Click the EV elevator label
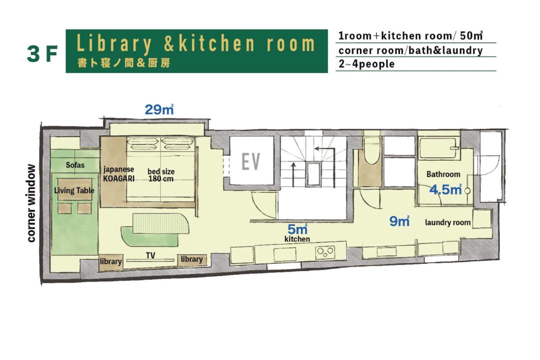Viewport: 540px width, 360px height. (250, 161)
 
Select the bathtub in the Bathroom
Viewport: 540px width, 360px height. (438, 147)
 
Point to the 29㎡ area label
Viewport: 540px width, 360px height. (159, 109)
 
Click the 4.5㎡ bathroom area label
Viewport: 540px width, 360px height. (445, 189)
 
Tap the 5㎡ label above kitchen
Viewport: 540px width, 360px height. (297, 229)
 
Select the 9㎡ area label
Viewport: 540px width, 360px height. (399, 221)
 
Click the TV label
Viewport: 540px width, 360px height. (150, 255)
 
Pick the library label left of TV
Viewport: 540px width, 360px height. (110, 261)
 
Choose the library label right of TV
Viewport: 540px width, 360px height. (191, 259)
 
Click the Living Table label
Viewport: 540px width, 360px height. (74, 190)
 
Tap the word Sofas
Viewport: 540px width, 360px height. (75, 164)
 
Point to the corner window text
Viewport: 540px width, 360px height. (31, 203)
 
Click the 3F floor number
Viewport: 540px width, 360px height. (42, 54)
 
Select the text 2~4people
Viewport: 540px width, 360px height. (366, 64)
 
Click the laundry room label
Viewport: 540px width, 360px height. (447, 222)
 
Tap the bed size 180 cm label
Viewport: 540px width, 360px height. (161, 175)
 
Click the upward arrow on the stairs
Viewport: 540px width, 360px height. (293, 174)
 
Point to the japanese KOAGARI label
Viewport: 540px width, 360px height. (119, 173)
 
